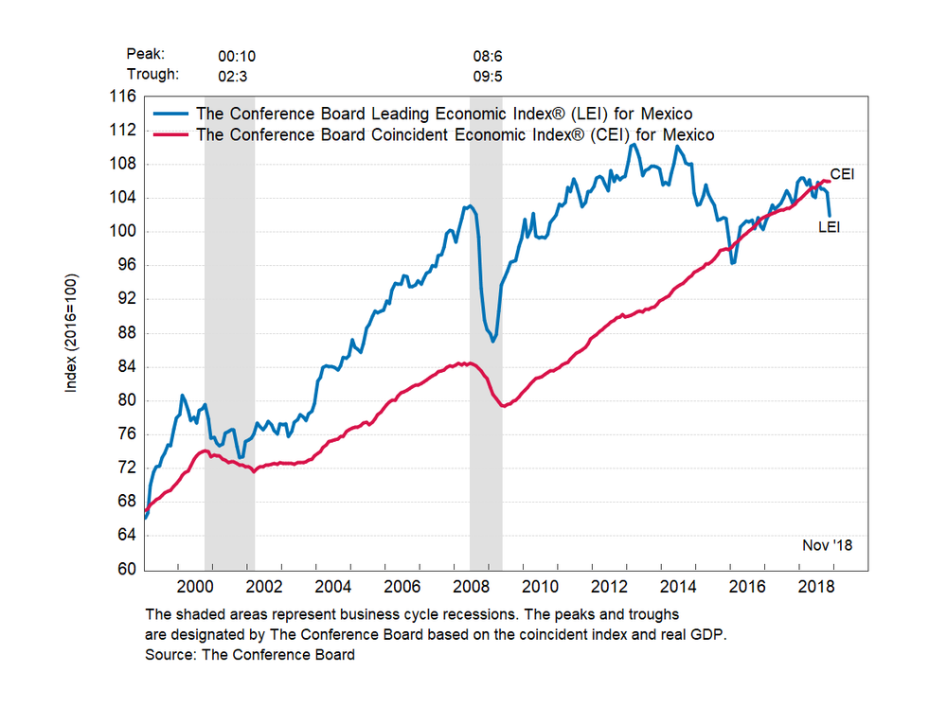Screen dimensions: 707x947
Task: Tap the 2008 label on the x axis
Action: [x=484, y=587]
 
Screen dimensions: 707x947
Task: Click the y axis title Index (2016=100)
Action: [x=72, y=333]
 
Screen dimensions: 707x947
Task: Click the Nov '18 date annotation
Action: [x=827, y=545]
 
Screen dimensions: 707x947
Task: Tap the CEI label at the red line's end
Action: [x=843, y=175]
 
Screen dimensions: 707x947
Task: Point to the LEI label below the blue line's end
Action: [x=830, y=226]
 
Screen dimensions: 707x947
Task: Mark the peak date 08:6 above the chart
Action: [x=488, y=56]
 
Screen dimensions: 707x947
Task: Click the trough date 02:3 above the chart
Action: [x=233, y=74]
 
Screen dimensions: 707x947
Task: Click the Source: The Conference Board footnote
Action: [x=250, y=655]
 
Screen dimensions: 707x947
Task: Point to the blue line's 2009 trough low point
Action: [x=493, y=342]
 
